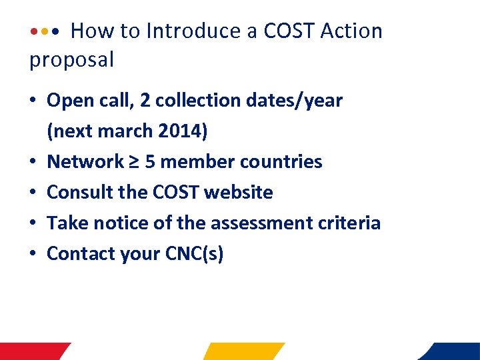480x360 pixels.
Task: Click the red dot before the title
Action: pyautogui.click(x=34, y=31)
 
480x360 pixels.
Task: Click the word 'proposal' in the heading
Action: pyautogui.click(x=72, y=60)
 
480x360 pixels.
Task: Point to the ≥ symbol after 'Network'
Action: pyautogui.click(x=137, y=162)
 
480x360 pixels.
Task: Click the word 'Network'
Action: pyautogui.click(x=85, y=162)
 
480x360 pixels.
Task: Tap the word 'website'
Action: pyautogui.click(x=239, y=193)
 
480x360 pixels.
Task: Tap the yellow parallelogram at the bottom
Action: pyautogui.click(x=244, y=351)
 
